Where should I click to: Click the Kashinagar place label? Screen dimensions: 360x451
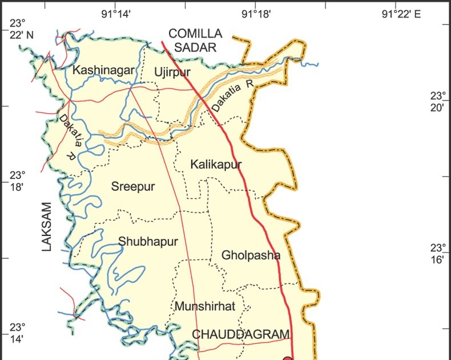click(x=103, y=70)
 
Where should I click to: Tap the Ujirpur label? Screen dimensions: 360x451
click(x=171, y=71)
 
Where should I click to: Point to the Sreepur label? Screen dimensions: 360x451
click(x=133, y=186)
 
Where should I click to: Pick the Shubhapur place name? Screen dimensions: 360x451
click(x=148, y=241)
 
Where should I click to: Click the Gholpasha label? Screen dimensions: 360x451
click(x=251, y=255)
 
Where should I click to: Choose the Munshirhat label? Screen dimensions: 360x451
click(x=205, y=306)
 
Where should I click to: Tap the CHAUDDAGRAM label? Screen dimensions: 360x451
click(x=241, y=334)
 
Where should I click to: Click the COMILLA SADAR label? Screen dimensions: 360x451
click(x=194, y=41)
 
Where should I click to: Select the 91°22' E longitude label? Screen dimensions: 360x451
click(x=401, y=14)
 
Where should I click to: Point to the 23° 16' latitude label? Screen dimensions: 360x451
click(x=438, y=254)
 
